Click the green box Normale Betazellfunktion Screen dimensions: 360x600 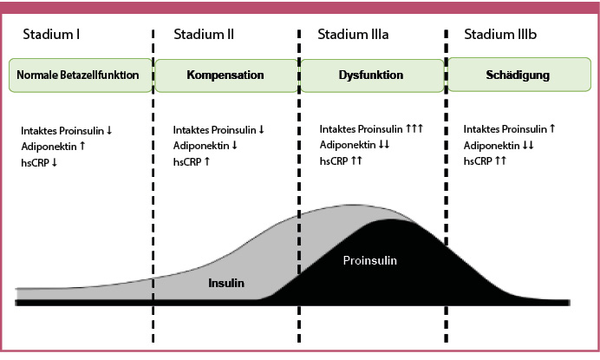tap(78, 75)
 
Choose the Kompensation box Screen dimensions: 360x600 tap(225, 75)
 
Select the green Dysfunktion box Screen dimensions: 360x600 tap(370, 75)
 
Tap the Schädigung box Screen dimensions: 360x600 tap(518, 75)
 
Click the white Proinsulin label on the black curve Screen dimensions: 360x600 tap(374, 259)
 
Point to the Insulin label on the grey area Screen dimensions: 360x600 tap(226, 283)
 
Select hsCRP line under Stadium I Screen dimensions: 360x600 tap(39, 160)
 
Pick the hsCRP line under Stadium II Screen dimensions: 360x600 tap(191, 160)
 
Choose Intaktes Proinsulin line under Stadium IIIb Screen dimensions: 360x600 tap(510, 130)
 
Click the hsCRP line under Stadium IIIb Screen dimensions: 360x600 tap(485, 160)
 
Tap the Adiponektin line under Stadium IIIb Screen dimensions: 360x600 tap(499, 146)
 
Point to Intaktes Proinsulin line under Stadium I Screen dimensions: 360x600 tap(67, 130)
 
